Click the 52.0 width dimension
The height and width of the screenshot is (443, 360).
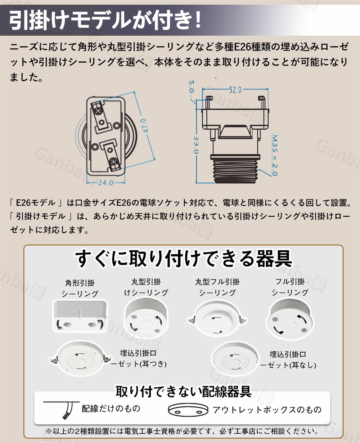(235, 90)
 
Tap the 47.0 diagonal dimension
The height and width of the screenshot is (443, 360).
(145, 126)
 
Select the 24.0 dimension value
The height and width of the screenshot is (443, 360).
(105, 183)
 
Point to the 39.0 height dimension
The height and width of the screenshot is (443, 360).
(196, 145)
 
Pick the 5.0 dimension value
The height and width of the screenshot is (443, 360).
(191, 86)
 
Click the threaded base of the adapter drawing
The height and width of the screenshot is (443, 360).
(235, 169)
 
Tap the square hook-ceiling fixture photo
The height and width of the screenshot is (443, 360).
(80, 316)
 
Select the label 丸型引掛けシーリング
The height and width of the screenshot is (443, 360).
(146, 287)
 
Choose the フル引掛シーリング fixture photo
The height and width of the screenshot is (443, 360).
(290, 318)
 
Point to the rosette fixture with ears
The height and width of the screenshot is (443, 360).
(80, 358)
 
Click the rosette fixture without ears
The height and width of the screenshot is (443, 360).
(235, 358)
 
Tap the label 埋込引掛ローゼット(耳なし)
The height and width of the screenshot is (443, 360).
(288, 359)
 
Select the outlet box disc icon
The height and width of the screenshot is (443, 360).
(188, 410)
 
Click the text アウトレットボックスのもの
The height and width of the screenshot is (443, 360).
(267, 410)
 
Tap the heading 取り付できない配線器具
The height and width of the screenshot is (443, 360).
(183, 391)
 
